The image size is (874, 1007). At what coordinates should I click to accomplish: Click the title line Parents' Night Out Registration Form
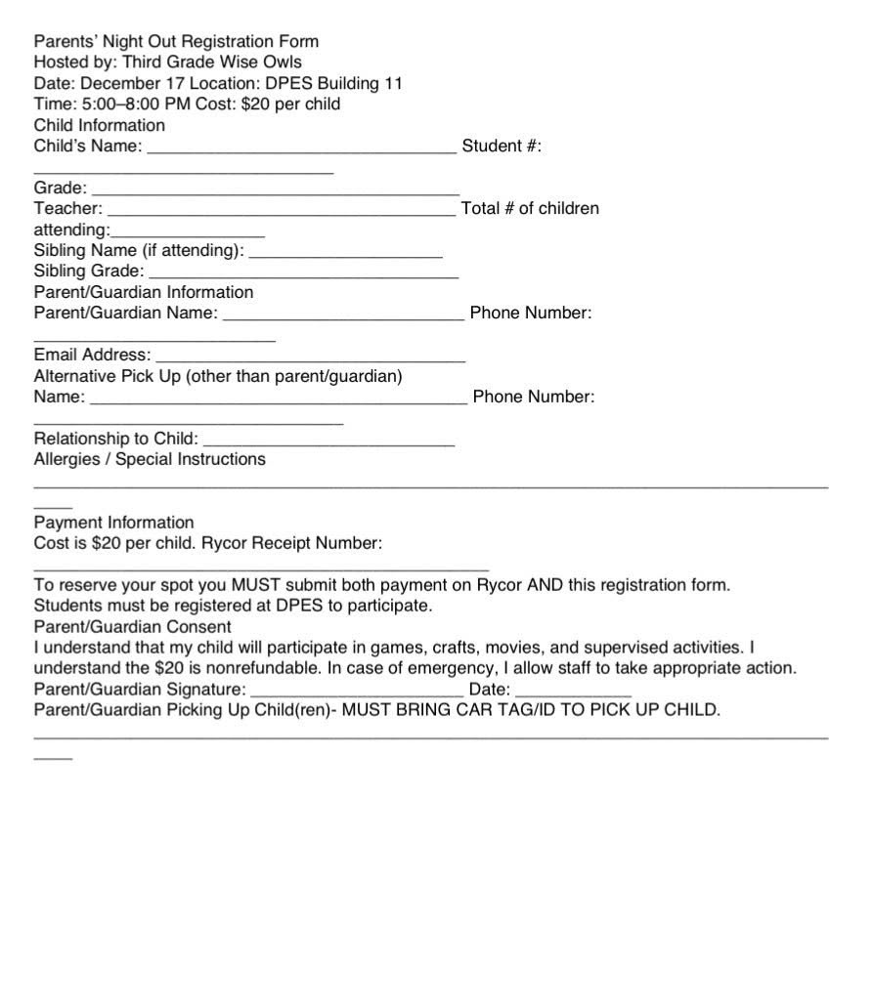tap(176, 42)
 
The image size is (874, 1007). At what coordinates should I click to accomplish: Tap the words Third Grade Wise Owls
tap(212, 63)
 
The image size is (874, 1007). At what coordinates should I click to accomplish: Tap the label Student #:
tap(502, 147)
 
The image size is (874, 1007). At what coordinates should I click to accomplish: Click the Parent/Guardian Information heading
tap(144, 292)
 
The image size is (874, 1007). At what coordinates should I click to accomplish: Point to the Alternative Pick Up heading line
tap(218, 376)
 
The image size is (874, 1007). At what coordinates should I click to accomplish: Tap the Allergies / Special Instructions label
tap(150, 459)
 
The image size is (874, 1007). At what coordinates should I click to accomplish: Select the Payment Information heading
tap(114, 523)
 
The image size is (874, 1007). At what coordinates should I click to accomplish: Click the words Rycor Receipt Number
tap(291, 543)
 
